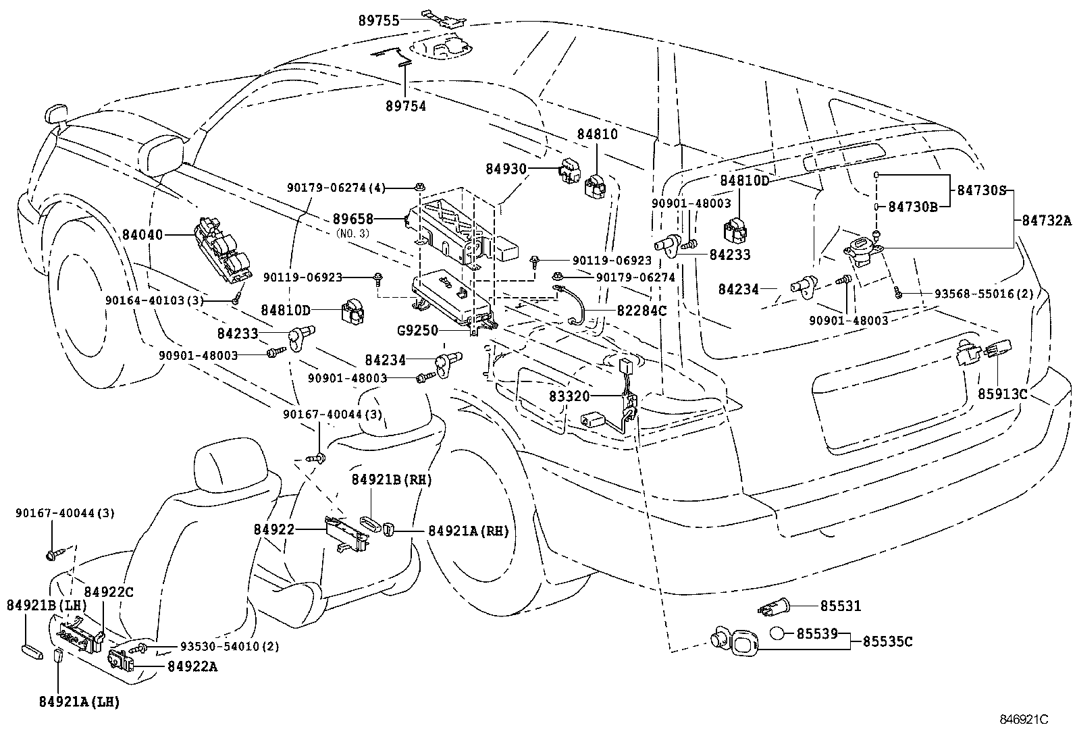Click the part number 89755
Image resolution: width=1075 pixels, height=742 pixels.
click(x=379, y=21)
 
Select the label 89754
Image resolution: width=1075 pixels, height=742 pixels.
click(x=406, y=105)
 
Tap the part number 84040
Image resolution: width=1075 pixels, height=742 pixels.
click(x=143, y=235)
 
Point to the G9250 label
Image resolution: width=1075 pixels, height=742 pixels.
click(x=418, y=331)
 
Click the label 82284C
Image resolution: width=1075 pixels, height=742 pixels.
click(x=641, y=311)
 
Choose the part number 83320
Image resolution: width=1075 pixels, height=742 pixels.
click(x=569, y=396)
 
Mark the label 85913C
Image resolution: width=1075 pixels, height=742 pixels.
click(x=1003, y=393)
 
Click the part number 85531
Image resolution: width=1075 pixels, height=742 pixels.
click(x=841, y=606)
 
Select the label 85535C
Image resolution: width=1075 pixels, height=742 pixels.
click(x=887, y=641)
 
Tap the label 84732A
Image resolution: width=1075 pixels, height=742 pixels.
click(x=1046, y=219)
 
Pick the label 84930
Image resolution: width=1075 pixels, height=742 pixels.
click(x=506, y=167)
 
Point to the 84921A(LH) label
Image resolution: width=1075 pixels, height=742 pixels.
click(x=80, y=702)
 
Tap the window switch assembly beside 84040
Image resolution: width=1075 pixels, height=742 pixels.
click(x=224, y=249)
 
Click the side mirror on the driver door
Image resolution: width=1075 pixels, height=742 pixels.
click(x=165, y=153)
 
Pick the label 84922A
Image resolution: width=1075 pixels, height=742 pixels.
click(x=192, y=666)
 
